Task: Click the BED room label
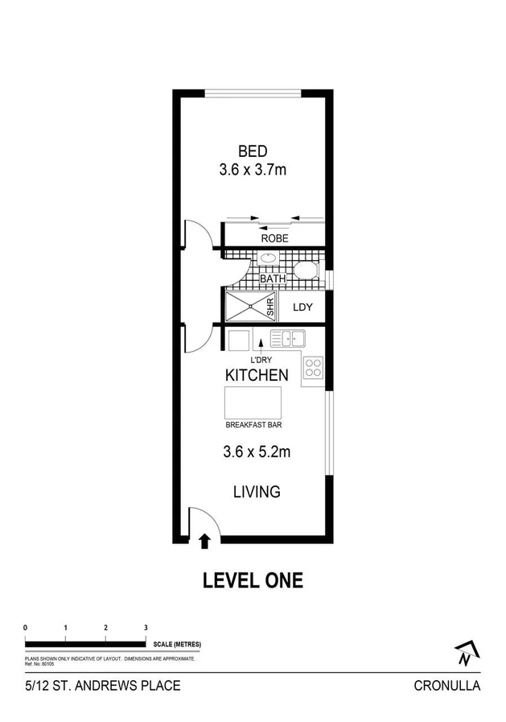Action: pyautogui.click(x=252, y=151)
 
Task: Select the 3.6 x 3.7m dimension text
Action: pyautogui.click(x=252, y=170)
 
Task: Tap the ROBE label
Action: pyautogui.click(x=274, y=238)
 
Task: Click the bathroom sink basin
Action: pyautogui.click(x=267, y=259)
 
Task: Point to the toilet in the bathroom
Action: pyautogui.click(x=306, y=270)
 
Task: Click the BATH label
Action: pyautogui.click(x=273, y=280)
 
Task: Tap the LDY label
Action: pyautogui.click(x=302, y=307)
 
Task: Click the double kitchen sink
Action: pyautogui.click(x=286, y=337)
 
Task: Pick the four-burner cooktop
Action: pyautogui.click(x=312, y=369)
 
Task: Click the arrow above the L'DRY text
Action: pyautogui.click(x=259, y=344)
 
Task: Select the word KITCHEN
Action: pyautogui.click(x=256, y=375)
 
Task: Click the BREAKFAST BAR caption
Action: pyautogui.click(x=253, y=424)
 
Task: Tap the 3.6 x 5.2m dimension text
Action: pyautogui.click(x=256, y=452)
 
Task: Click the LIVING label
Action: pyautogui.click(x=256, y=491)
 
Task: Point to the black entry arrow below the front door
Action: pyautogui.click(x=204, y=541)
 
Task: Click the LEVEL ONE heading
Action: pyautogui.click(x=253, y=580)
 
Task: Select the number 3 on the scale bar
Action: pyautogui.click(x=146, y=627)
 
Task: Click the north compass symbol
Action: pyautogui.click(x=464, y=654)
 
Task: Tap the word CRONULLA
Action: pyautogui.click(x=446, y=686)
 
